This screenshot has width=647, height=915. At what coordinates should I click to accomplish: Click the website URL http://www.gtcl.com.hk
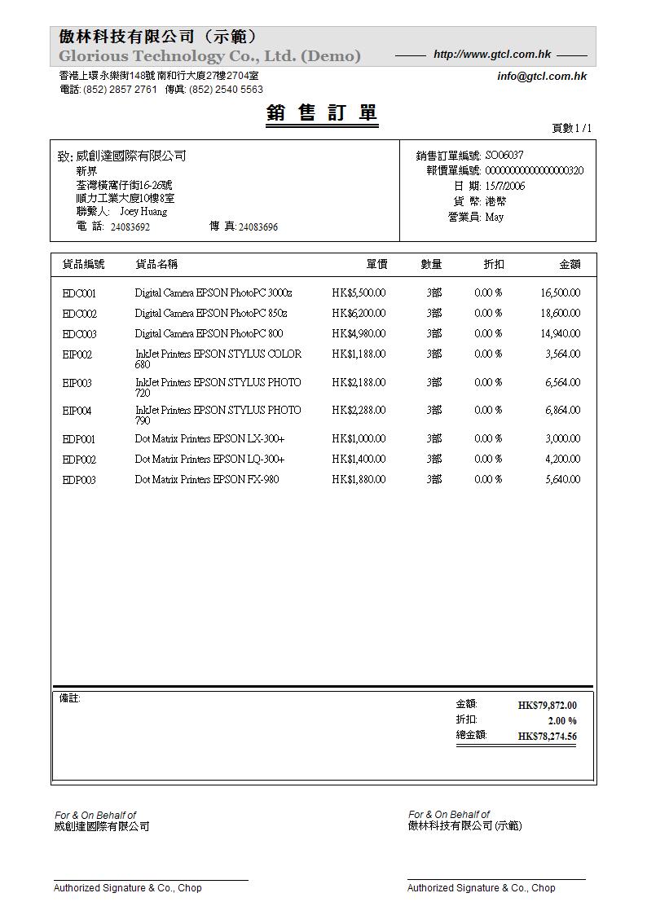pyautogui.click(x=492, y=55)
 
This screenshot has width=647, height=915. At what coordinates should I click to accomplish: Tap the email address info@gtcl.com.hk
pyautogui.click(x=542, y=77)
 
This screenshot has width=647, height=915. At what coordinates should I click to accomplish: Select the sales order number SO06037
pyautogui.click(x=504, y=155)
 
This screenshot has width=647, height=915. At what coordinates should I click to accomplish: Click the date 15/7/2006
pyautogui.click(x=505, y=186)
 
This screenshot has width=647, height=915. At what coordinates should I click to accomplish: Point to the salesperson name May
pyautogui.click(x=494, y=217)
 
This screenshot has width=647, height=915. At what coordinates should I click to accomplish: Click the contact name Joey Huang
pyautogui.click(x=143, y=212)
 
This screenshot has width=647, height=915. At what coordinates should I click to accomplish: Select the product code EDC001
pyautogui.click(x=79, y=293)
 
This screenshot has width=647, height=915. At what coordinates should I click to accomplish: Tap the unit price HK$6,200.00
pyautogui.click(x=359, y=313)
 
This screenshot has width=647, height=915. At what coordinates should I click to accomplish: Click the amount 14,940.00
pyautogui.click(x=560, y=333)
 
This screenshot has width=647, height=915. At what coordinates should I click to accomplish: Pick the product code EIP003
pyautogui.click(x=77, y=383)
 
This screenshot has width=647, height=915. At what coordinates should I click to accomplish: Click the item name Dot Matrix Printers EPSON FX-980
pyautogui.click(x=207, y=479)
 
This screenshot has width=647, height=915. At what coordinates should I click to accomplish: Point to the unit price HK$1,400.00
pyautogui.click(x=359, y=459)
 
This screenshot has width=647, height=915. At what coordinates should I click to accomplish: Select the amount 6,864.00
pyautogui.click(x=562, y=410)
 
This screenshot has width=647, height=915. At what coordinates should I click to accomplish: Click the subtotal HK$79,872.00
pyautogui.click(x=547, y=706)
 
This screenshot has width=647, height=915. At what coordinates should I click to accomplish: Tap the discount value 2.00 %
pyautogui.click(x=561, y=721)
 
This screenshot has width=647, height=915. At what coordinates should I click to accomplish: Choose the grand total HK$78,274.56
pyautogui.click(x=547, y=737)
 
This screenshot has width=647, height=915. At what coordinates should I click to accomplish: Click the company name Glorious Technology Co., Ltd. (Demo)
pyautogui.click(x=209, y=56)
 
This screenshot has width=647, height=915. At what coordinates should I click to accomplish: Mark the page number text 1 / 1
pyautogui.click(x=583, y=128)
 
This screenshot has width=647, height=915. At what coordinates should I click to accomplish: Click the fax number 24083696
pyautogui.click(x=257, y=227)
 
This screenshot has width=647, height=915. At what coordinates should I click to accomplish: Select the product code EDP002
pyautogui.click(x=79, y=460)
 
